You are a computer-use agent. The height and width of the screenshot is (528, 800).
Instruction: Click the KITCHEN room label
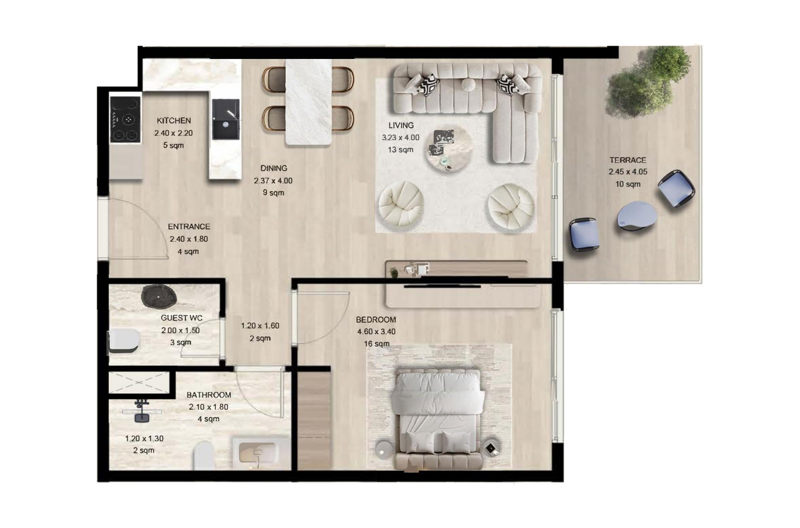(174, 121)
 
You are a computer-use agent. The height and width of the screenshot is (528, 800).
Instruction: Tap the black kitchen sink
(225, 119)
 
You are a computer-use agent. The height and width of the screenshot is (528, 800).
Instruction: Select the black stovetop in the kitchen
(125, 119)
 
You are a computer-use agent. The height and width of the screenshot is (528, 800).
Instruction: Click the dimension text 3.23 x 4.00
(401, 137)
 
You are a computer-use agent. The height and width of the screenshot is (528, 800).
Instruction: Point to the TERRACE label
(628, 160)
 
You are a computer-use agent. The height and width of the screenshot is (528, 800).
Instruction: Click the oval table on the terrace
(637, 214)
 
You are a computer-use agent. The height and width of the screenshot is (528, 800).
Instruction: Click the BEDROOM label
(376, 320)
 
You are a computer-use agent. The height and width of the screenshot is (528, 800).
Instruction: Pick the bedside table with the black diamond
(491, 448)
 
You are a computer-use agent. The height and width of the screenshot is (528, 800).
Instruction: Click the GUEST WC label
(181, 318)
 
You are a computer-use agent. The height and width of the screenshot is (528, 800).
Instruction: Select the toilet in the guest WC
(124, 341)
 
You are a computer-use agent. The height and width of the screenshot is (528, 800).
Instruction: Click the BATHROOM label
(209, 395)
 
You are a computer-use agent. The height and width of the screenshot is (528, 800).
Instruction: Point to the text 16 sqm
(377, 344)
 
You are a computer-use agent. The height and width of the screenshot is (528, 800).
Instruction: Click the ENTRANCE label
(189, 227)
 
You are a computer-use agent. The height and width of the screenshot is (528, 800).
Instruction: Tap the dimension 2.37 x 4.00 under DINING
(273, 181)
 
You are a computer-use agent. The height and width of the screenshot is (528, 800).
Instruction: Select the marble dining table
(309, 102)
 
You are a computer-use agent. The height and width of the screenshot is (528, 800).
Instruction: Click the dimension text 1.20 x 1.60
(260, 326)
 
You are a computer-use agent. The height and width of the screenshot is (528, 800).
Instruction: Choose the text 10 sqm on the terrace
(628, 184)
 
